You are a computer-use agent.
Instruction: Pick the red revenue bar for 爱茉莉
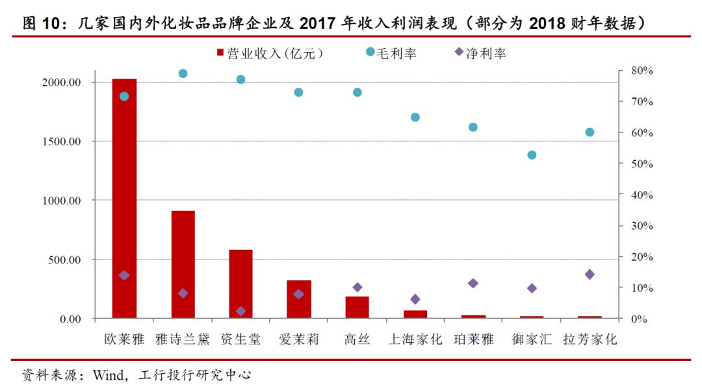(x=299, y=299)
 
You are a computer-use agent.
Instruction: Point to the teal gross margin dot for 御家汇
(x=532, y=155)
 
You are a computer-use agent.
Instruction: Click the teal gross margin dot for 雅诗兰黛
(x=183, y=73)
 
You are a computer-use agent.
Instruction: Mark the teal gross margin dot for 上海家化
(x=415, y=117)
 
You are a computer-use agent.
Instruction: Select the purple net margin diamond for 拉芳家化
(x=590, y=275)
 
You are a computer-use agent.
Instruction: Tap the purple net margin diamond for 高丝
(x=357, y=287)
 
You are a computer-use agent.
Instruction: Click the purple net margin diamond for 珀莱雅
(x=473, y=284)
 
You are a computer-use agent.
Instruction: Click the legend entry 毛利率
(x=391, y=53)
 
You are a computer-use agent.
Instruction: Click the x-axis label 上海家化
(x=415, y=339)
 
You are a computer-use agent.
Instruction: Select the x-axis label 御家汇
(x=532, y=339)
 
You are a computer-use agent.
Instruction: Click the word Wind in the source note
(x=109, y=374)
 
